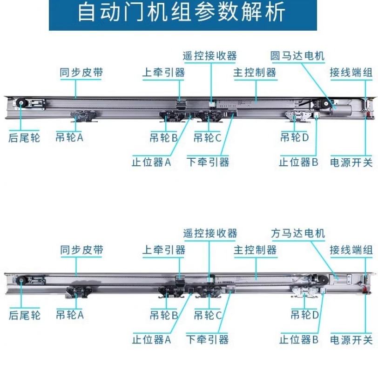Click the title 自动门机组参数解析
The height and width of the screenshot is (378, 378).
(182, 13)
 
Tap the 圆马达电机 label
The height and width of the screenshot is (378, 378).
(297, 56)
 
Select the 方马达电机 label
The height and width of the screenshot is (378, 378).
(297, 233)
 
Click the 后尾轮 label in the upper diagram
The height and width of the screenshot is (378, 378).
(24, 138)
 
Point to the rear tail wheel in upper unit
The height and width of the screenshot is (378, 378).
(21, 104)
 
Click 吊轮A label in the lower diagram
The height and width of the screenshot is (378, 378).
(70, 315)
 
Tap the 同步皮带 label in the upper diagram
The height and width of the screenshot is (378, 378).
(81, 73)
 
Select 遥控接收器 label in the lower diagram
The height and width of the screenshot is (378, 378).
(210, 233)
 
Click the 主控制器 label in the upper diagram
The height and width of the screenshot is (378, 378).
(255, 73)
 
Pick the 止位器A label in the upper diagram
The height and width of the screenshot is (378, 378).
(152, 162)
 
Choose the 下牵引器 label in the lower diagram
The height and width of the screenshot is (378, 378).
(208, 339)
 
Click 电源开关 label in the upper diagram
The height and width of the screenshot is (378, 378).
(351, 162)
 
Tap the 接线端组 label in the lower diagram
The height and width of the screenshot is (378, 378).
(351, 250)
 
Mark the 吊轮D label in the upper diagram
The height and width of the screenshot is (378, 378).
(295, 138)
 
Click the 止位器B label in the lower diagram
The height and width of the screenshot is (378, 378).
(298, 339)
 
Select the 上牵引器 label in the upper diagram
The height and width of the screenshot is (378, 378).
(164, 73)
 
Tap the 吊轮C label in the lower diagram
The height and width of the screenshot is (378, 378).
(208, 315)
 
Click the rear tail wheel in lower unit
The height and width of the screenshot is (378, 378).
(21, 280)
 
